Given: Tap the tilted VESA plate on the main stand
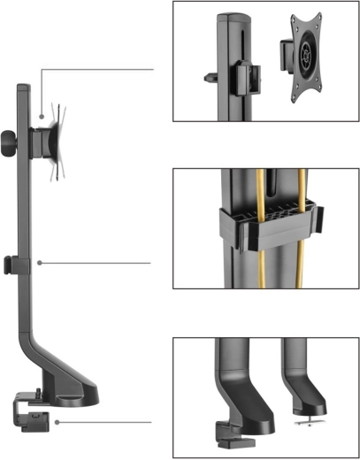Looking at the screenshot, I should click(57, 142).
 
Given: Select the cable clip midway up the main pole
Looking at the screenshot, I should click(9, 264).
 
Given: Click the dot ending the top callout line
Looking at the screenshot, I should click(42, 116).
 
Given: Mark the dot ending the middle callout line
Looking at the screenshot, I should click(41, 262).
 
